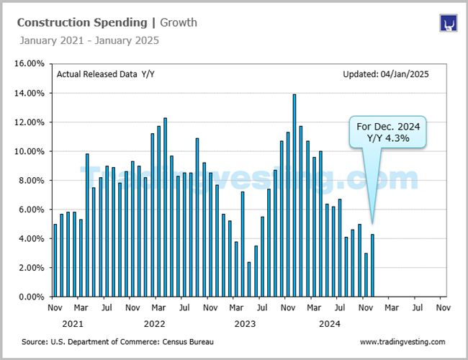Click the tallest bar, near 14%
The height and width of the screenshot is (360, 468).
[294, 195]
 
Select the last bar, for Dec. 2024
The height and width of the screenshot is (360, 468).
[372, 265]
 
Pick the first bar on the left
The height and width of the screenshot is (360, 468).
[55, 260]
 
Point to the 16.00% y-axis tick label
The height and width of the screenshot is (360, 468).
[30, 63]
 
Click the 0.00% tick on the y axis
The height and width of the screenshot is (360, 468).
[32, 297]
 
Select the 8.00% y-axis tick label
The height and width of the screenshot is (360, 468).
[32, 180]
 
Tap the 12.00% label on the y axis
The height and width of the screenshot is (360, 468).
[30, 122]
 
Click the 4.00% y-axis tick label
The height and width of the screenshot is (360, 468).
[32, 238]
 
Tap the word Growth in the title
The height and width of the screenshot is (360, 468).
[179, 23]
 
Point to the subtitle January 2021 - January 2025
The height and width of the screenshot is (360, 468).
[88, 40]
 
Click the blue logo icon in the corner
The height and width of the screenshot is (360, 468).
[449, 23]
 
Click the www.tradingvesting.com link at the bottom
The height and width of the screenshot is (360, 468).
[402, 342]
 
